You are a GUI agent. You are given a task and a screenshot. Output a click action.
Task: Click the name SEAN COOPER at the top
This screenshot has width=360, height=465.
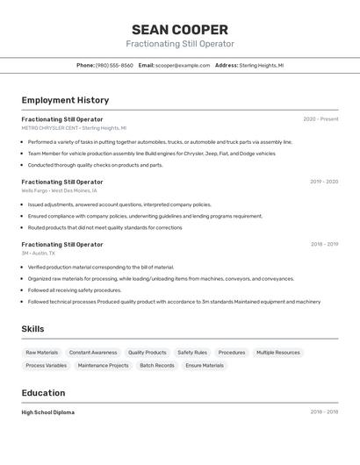click(x=179, y=30)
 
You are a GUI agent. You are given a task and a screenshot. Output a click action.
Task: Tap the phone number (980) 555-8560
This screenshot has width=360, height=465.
click(x=114, y=65)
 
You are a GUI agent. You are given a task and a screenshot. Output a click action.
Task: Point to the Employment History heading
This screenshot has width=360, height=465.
click(x=65, y=101)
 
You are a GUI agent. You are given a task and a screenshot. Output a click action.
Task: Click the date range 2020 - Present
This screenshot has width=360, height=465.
click(x=320, y=119)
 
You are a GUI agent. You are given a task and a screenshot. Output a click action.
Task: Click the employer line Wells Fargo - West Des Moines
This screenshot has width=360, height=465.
click(x=60, y=190)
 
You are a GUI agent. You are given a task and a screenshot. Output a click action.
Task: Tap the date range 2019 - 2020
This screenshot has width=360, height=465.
click(x=324, y=182)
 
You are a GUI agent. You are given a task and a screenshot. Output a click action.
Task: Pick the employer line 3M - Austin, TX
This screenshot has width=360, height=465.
click(x=39, y=253)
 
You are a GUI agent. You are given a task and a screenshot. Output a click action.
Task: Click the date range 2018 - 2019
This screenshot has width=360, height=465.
click(x=324, y=245)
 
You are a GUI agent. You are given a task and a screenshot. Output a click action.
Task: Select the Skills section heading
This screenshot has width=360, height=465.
click(x=33, y=329)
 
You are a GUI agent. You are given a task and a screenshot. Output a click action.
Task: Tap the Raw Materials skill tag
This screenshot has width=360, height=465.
click(x=42, y=353)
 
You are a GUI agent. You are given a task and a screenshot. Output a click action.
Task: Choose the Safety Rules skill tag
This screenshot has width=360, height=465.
click(x=192, y=353)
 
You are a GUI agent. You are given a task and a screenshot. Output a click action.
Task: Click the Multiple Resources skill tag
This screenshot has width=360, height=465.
click(x=278, y=353)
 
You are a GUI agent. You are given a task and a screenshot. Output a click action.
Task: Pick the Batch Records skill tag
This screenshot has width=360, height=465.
click(x=157, y=365)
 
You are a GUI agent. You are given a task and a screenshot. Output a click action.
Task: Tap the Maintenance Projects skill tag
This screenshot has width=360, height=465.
click(x=103, y=365)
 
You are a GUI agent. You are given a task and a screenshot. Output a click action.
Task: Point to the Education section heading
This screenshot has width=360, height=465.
click(x=43, y=393)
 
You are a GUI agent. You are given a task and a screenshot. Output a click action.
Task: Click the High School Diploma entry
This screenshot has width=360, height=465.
click(x=48, y=412)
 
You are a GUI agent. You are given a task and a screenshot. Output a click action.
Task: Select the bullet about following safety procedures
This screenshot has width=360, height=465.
click(x=75, y=290)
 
